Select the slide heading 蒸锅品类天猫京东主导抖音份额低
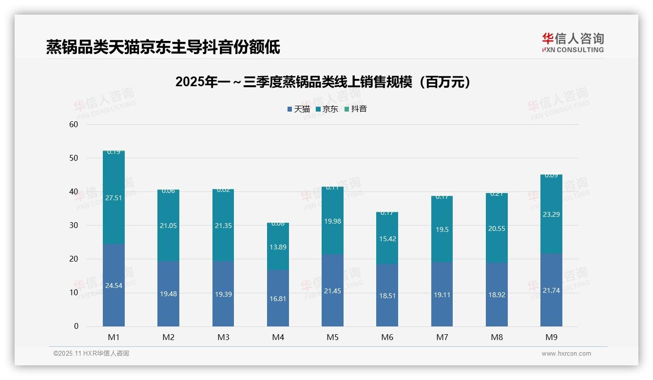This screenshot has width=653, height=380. pos(163,47)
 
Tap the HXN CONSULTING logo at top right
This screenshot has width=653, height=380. pos(573,42)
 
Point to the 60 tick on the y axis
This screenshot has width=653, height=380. pos(74,125)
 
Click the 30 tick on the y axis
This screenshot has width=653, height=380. pos(74,226)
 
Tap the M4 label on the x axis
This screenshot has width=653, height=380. pos(278,337)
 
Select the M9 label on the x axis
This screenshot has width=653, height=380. pos(551,337)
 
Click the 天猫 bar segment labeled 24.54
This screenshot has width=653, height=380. pos(114,285)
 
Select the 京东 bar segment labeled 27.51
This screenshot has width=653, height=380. pos(114,198)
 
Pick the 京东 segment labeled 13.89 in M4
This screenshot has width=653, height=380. pos(278,247)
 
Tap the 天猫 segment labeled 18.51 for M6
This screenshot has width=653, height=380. pos(387,295)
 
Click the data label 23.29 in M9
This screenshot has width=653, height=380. pos(551,214)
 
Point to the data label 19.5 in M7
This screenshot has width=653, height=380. pos(442,229)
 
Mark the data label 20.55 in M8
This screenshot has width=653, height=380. pos(497,228)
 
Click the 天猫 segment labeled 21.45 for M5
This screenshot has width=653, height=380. pos(332,290)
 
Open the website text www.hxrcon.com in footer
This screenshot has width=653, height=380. pos(566,354)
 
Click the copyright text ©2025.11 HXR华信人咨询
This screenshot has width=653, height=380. pos(91,354)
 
